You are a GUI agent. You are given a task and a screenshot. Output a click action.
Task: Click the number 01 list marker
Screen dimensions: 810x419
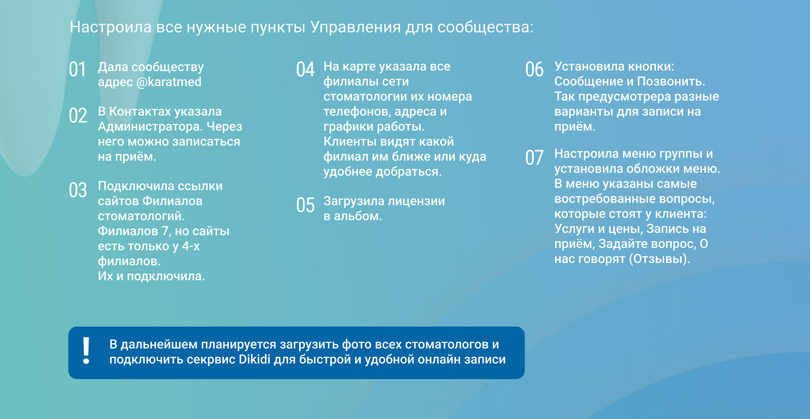(77, 69)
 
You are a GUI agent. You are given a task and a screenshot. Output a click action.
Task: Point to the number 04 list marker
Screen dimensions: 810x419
(305, 69)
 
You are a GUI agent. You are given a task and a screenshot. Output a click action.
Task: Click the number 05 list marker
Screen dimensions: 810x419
(305, 205)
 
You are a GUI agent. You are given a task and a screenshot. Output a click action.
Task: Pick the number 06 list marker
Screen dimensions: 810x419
(534, 69)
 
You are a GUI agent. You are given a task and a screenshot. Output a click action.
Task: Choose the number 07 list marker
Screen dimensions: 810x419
(534, 157)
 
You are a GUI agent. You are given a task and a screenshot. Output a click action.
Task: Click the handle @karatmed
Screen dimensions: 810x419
(169, 82)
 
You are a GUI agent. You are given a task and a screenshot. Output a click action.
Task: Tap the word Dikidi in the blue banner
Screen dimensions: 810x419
(254, 359)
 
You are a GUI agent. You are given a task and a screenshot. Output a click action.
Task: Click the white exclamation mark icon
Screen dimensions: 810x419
(86, 351)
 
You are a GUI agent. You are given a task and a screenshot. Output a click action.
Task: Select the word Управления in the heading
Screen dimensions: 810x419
(356, 27)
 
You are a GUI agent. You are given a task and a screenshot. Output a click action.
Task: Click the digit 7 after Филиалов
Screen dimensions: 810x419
(165, 231)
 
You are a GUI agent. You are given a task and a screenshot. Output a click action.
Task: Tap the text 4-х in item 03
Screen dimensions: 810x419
(191, 246)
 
